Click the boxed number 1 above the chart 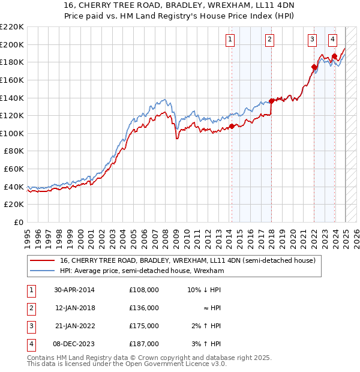(x=230, y=40)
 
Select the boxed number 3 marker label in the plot (x=313, y=40)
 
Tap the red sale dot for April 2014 (x=232, y=126)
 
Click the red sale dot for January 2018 (x=271, y=101)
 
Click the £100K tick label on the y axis (x=13, y=133)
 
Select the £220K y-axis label (x=13, y=27)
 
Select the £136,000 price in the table (x=143, y=308)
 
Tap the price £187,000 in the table (x=143, y=344)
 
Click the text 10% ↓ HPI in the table (x=205, y=290)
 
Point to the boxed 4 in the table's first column (x=30, y=344)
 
